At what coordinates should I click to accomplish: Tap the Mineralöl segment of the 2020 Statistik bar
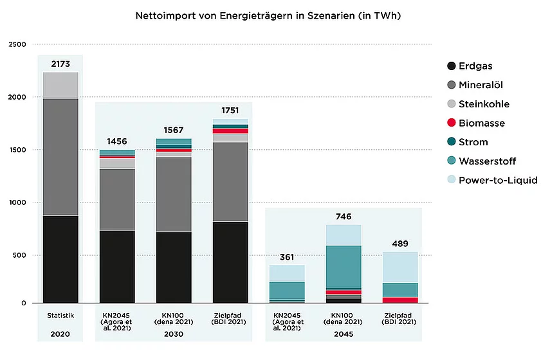coord(60,157)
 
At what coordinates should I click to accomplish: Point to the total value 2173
coord(60,64)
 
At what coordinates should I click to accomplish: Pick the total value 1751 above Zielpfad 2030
coord(231,110)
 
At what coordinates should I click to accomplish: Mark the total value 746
coord(344,216)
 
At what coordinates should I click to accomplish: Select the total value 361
coord(287,257)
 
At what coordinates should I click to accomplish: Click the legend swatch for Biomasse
coord(451,123)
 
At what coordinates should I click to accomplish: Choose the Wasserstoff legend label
coord(492,161)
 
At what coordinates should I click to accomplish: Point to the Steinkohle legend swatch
coord(451,104)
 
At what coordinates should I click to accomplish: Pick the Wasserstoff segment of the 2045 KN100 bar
coord(344,266)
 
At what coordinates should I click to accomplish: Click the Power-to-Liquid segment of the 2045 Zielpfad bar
coord(400,267)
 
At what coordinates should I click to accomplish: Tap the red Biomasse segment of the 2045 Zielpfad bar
coord(400,300)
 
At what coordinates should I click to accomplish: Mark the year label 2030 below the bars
coord(174,334)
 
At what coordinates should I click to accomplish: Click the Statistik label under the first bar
coord(60,315)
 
